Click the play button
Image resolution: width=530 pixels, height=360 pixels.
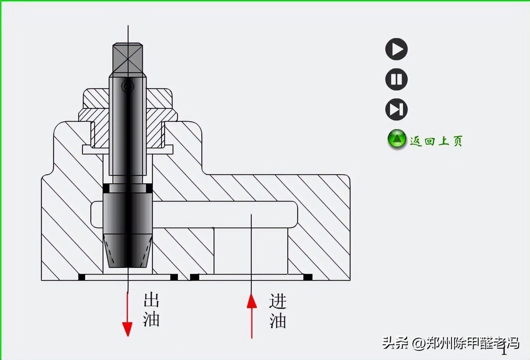coord(397,49)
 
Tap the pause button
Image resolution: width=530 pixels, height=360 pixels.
coord(397,79)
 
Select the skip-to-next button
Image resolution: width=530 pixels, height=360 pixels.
coord(397,110)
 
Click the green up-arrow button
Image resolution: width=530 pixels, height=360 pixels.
coord(397,139)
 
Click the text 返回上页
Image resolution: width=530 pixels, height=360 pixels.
coord(436,141)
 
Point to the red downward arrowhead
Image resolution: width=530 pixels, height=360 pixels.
coord(127,328)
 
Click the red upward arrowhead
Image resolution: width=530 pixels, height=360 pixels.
coord(251,301)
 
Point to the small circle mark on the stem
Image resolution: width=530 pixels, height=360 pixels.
coord(128,86)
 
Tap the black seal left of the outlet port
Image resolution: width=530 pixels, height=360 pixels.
coord(81,277)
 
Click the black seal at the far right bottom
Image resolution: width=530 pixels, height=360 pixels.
coord(308,277)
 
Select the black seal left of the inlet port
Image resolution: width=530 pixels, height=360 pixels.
coord(194,277)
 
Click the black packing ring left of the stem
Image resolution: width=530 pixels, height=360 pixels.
coord(106,188)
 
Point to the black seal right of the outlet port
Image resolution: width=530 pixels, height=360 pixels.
coord(174,277)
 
